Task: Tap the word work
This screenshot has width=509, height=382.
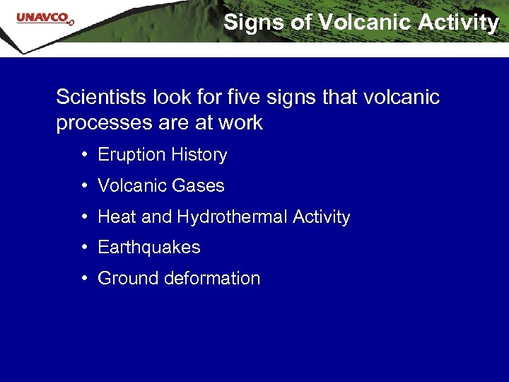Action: coord(240,123)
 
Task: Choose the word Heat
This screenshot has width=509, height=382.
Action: coord(117,217)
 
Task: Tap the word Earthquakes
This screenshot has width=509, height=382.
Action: coord(149,248)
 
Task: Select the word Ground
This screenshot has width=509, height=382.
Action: coord(128,279)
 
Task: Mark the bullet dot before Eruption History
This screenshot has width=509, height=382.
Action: coord(84,155)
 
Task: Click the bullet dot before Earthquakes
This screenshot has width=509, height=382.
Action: coord(84,248)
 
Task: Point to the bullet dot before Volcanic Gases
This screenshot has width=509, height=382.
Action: coord(84,186)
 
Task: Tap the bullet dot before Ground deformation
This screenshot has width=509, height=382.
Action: coord(84,279)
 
